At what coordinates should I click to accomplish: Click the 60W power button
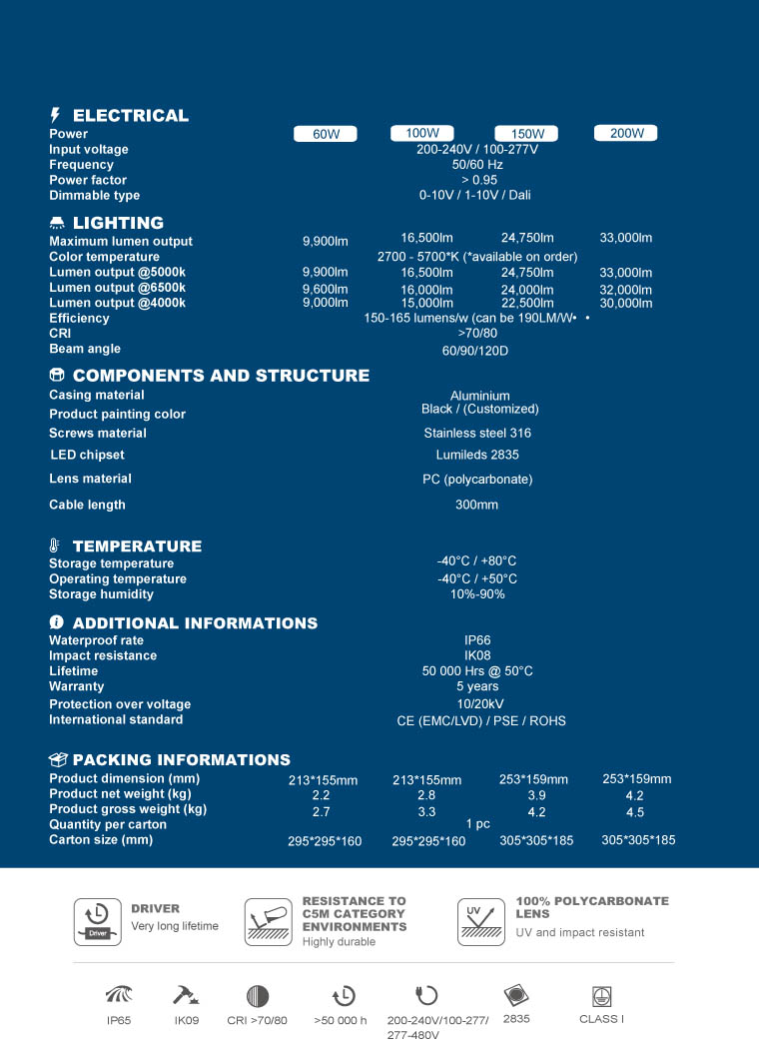327,135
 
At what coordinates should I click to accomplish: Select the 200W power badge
627,133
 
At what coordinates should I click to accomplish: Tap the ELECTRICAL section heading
130,115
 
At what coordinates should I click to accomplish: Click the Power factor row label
88,180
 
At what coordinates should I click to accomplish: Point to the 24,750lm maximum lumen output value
527,238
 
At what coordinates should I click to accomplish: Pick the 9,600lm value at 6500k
326,288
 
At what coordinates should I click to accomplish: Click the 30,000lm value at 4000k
626,303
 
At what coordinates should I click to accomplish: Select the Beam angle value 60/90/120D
475,352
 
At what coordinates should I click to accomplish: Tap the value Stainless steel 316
477,434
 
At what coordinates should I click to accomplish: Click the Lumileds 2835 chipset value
477,456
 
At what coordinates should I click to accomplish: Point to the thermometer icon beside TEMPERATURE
56,545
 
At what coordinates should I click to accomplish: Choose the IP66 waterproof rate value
477,640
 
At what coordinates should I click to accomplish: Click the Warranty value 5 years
477,686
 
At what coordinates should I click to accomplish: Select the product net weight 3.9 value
536,795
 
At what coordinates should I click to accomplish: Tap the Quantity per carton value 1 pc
478,824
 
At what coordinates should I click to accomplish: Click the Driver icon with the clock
98,920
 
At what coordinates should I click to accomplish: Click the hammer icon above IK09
185,995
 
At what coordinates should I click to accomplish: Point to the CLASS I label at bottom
601,1019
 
